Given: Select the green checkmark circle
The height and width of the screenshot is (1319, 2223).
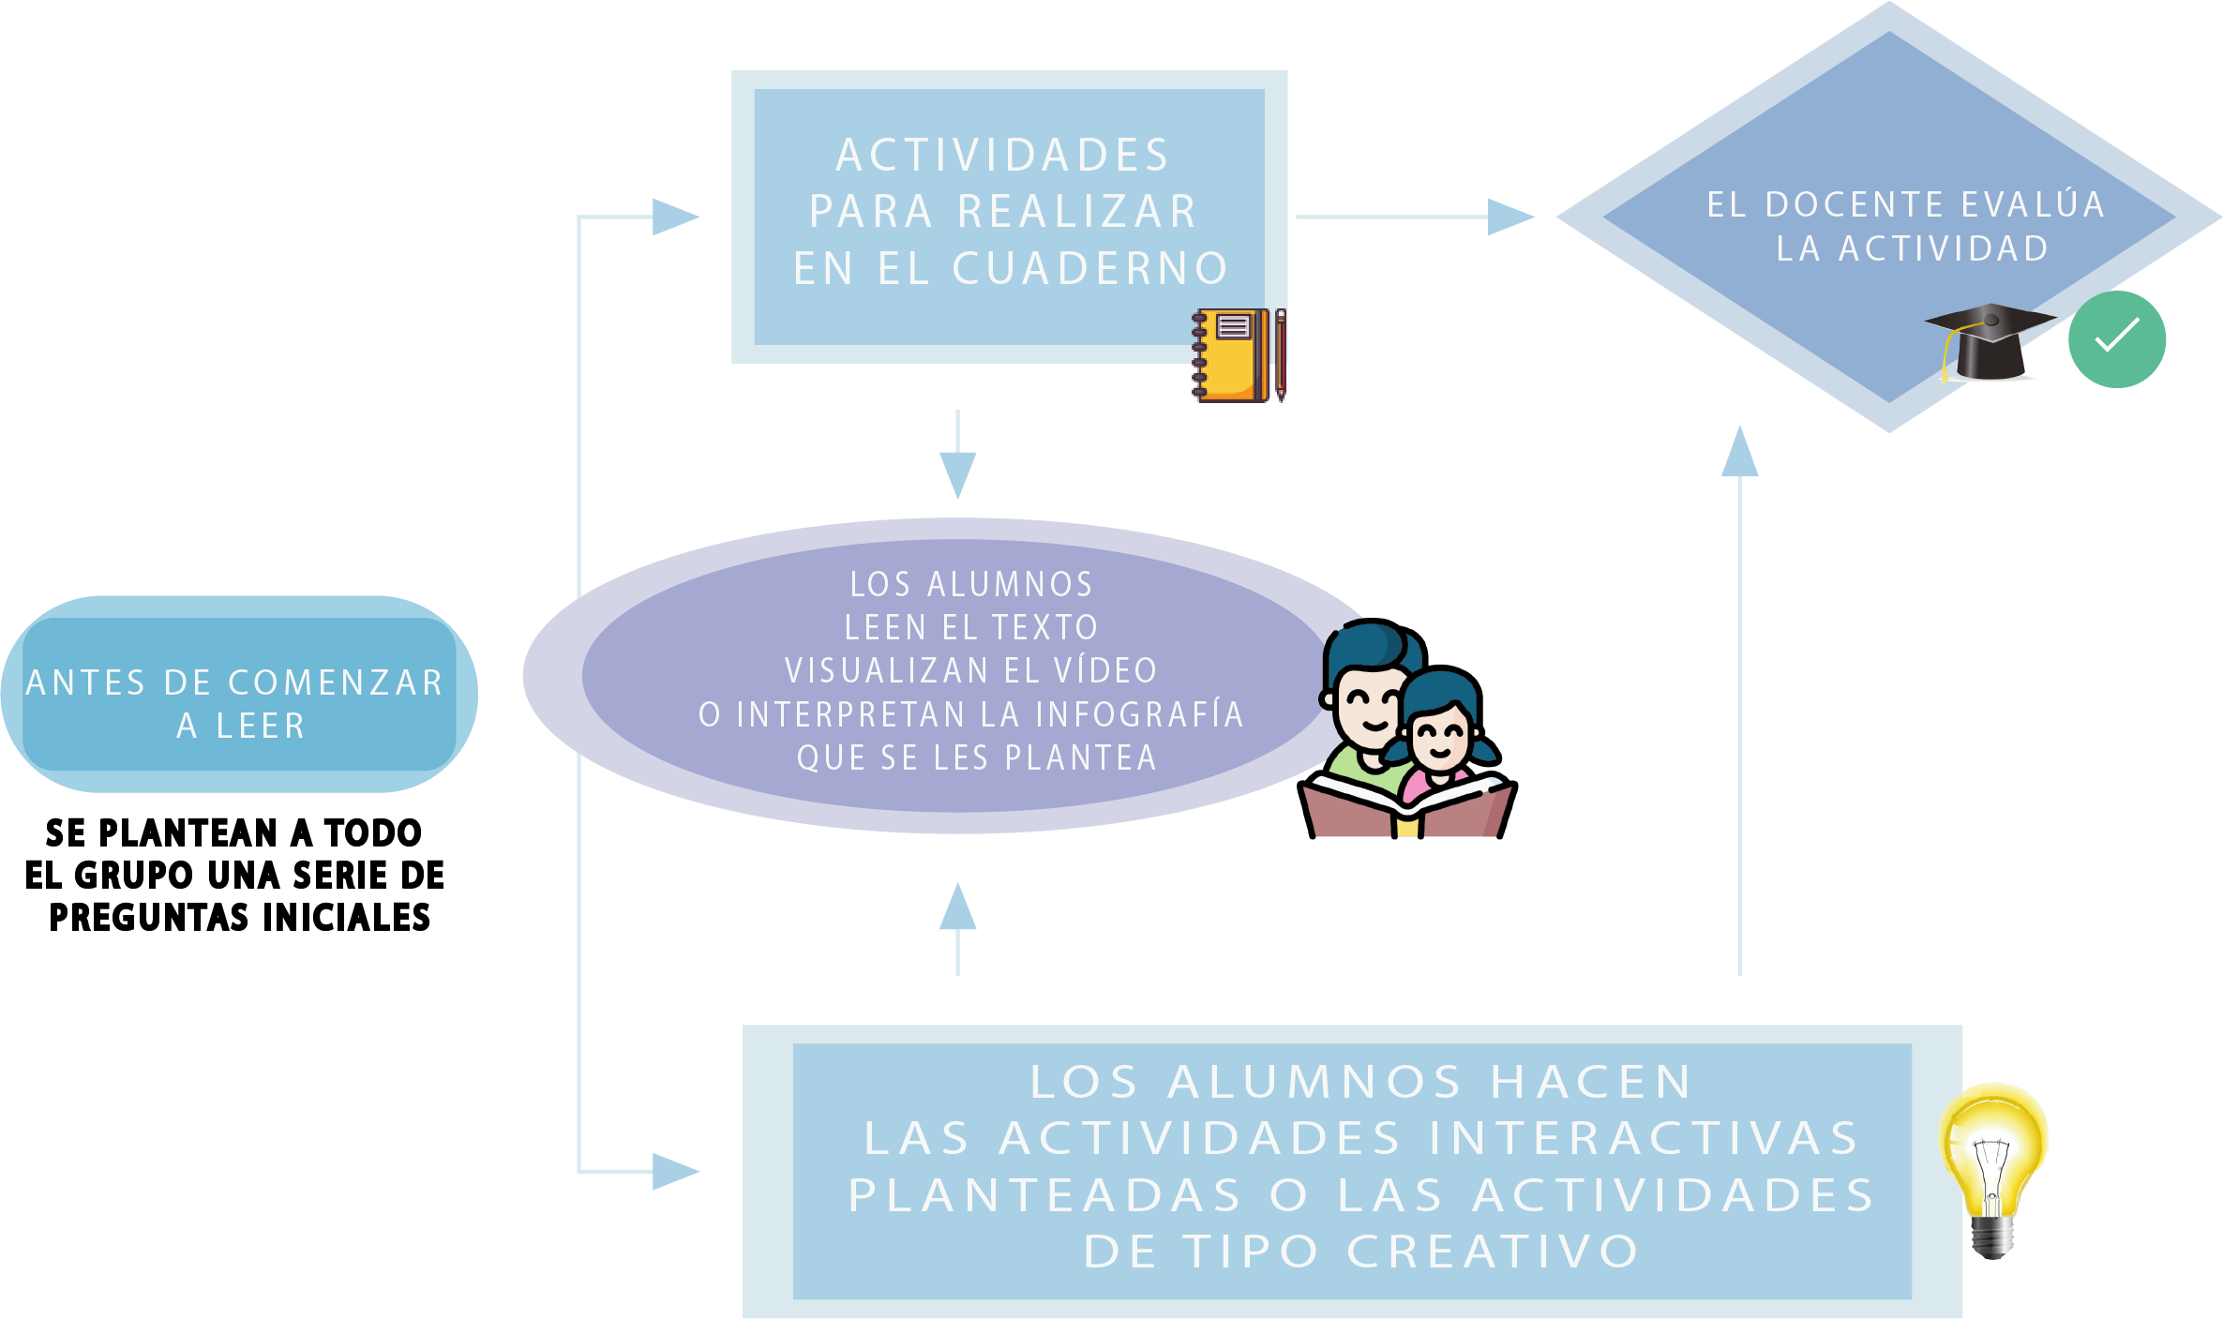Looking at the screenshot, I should [2117, 339].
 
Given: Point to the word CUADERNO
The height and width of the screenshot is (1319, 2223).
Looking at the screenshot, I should [1090, 269].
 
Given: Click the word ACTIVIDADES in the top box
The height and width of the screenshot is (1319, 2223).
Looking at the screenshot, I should [1003, 156].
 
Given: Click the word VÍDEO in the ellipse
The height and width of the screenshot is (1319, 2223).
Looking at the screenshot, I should [1106, 671].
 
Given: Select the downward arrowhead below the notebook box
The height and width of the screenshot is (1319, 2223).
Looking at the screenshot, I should [957, 472].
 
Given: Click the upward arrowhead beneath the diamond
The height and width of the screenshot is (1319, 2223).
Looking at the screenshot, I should [1739, 453].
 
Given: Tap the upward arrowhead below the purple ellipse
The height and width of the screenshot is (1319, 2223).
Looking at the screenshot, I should [957, 907].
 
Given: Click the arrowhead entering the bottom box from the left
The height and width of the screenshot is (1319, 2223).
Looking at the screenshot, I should [674, 1171].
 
